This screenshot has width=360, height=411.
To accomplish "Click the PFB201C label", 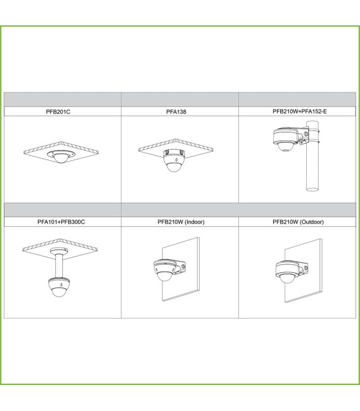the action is [58, 111].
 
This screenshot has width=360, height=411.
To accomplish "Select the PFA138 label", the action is [176, 111].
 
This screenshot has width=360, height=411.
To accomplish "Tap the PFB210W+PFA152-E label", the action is [300, 111].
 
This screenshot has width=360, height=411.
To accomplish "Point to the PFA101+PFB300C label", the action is [61, 222].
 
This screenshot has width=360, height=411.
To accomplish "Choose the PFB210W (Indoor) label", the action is [181, 222].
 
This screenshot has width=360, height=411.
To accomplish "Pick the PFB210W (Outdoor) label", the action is [298, 222].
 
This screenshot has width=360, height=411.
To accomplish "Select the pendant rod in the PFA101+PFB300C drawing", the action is [59, 266].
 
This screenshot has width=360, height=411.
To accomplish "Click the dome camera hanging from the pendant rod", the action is [60, 287].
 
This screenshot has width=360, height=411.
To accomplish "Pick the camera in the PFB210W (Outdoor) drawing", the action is [288, 272].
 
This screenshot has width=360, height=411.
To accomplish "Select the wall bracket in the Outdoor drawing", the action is [304, 269].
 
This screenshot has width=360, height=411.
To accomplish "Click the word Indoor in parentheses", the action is [195, 222].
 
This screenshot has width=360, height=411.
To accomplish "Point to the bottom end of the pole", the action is [312, 189].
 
